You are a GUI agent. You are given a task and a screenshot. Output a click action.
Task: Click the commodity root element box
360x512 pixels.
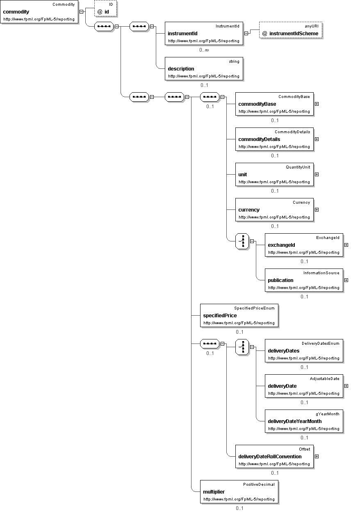pyautogui.click(x=39, y=11)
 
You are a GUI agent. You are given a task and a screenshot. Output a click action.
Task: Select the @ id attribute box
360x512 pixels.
pyautogui.click(x=105, y=9)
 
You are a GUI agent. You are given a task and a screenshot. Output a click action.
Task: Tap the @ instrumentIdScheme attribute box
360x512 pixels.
pyautogui.click(x=291, y=30)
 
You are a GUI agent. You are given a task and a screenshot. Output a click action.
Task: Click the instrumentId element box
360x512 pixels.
pyautogui.click(x=204, y=33)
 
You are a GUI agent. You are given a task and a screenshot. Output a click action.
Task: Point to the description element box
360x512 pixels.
pyautogui.click(x=204, y=68)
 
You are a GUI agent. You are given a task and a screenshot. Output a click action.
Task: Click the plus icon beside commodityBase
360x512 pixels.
pyautogui.click(x=317, y=104)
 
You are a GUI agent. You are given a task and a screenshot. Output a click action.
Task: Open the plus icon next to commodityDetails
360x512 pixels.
pyautogui.click(x=317, y=139)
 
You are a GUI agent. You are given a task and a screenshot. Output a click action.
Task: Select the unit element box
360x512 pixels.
pyautogui.click(x=274, y=174)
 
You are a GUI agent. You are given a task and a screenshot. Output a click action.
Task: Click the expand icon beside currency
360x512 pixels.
pyautogui.click(x=317, y=209)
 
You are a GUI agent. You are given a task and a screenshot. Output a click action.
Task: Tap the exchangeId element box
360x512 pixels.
pyautogui.click(x=304, y=245)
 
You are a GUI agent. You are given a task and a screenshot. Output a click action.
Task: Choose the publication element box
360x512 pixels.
pyautogui.click(x=304, y=280)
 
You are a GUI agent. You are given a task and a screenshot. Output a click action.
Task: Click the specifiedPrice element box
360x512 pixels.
pyautogui.click(x=239, y=315)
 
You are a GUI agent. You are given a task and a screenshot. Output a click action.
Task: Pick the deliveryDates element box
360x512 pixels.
pyautogui.click(x=304, y=350)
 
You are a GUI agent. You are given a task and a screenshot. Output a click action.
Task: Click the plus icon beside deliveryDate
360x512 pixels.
pyautogui.click(x=346, y=386)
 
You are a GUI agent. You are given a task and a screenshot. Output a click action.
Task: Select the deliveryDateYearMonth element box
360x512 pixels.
pyautogui.click(x=304, y=421)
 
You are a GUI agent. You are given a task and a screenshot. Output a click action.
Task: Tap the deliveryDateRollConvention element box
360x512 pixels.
pyautogui.click(x=274, y=457)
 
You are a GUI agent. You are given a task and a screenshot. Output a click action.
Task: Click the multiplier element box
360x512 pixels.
pyautogui.click(x=239, y=492)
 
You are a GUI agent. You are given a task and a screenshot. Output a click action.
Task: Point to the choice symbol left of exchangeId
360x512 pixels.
pyautogui.click(x=242, y=241)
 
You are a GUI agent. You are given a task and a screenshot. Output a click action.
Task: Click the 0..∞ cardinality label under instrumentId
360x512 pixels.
pyautogui.click(x=204, y=50)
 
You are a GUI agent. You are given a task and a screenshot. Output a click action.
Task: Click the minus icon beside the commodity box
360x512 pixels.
pyautogui.click(x=81, y=11)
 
